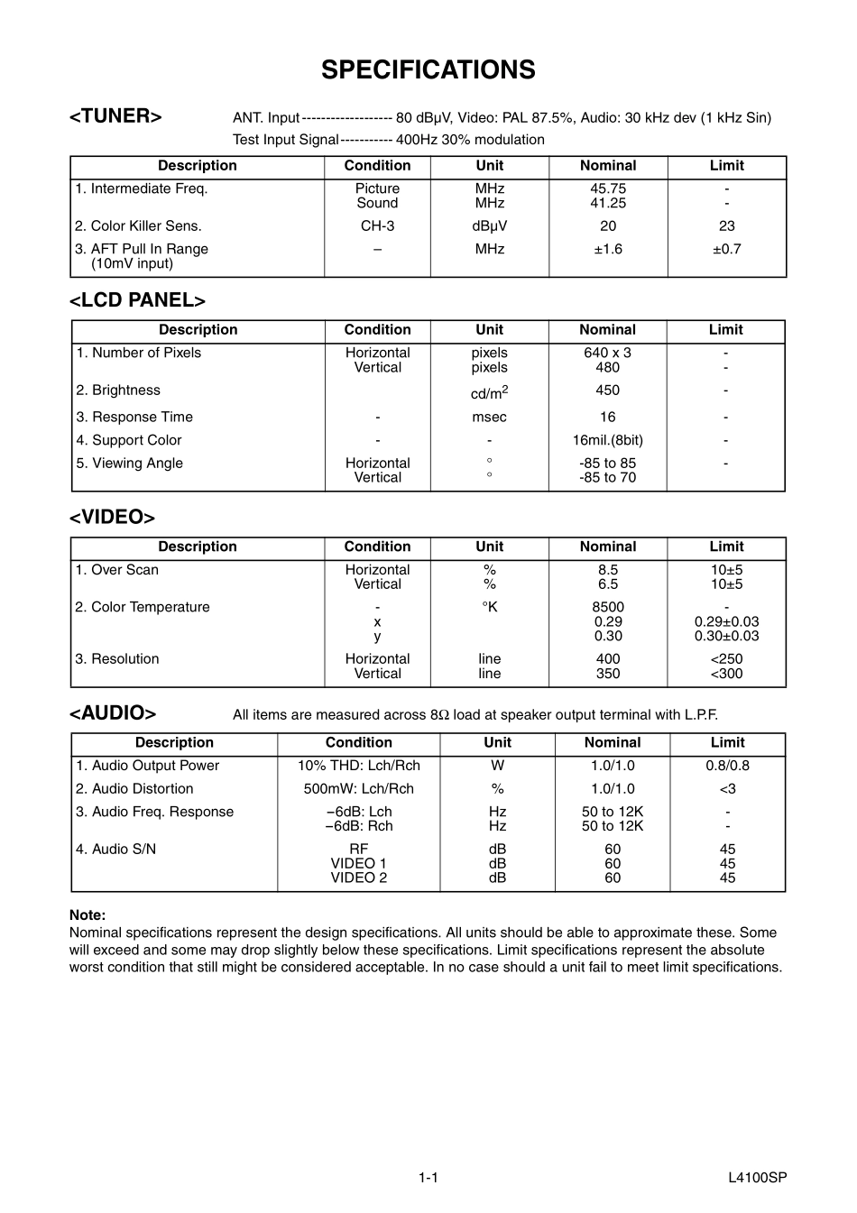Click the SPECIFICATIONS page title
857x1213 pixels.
(428, 70)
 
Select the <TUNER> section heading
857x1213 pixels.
(115, 116)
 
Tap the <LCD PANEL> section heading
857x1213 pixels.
(137, 300)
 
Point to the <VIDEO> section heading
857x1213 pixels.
(112, 517)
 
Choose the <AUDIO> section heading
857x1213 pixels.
(113, 713)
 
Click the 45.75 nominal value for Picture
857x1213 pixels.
(608, 188)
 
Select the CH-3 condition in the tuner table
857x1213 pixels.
(377, 226)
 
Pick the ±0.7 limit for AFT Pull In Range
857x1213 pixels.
(726, 249)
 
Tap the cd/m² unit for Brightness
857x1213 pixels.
(489, 392)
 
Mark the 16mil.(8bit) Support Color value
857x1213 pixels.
(608, 440)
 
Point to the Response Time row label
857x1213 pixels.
(134, 417)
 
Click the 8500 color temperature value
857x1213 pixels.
(608, 607)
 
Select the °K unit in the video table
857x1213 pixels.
(489, 607)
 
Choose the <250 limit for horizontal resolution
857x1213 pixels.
(726, 659)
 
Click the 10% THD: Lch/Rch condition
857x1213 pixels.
(358, 766)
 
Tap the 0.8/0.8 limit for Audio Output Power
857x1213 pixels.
(727, 766)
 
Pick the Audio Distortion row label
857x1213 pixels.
(134, 789)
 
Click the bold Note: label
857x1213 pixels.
(88, 914)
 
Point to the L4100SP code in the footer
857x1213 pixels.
(758, 1178)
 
